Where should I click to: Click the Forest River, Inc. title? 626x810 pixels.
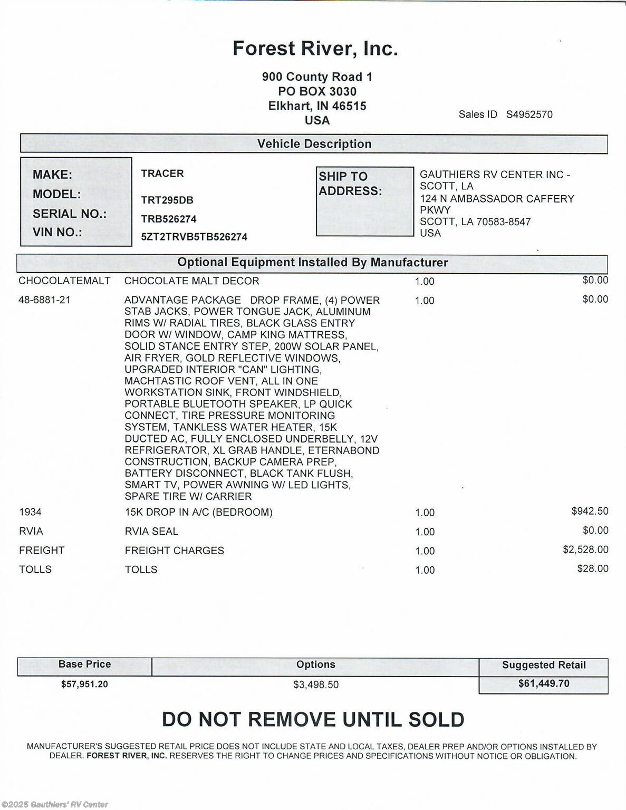[x=315, y=49]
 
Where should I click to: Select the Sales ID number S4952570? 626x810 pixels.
[x=529, y=114]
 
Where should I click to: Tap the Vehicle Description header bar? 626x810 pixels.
[x=314, y=144]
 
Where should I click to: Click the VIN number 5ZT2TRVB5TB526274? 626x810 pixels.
[x=194, y=237]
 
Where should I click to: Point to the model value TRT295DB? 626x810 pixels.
[x=167, y=200]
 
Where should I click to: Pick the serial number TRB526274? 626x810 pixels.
[x=169, y=219]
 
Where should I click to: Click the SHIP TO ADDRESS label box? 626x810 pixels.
[x=364, y=201]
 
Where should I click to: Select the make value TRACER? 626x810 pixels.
[x=162, y=173]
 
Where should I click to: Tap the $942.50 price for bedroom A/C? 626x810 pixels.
[x=590, y=511]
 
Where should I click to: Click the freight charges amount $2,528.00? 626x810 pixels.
[x=585, y=549]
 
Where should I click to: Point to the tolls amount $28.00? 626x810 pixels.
[x=593, y=568]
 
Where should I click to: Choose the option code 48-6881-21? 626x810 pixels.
[x=45, y=300]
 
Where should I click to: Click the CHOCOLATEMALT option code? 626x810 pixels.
[x=64, y=281]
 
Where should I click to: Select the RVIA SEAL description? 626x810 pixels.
[x=151, y=531]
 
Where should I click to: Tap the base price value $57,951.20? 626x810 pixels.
[x=84, y=684]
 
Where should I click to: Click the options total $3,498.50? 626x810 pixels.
[x=316, y=684]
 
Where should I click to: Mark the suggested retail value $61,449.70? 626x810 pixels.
[x=544, y=683]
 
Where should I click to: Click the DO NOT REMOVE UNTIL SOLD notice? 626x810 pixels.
[x=313, y=720]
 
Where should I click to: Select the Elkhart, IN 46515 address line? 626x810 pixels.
[x=317, y=106]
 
